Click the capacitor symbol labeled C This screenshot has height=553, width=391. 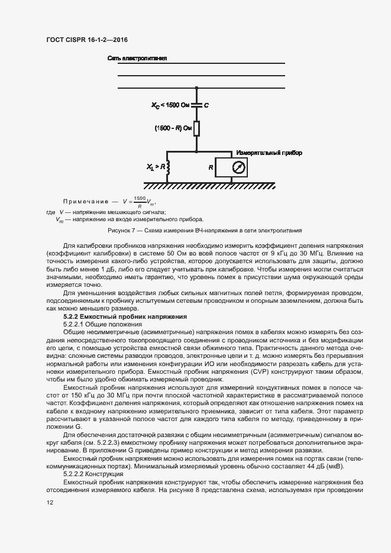coord(197,105)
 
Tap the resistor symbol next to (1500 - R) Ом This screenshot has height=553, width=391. coord(197,128)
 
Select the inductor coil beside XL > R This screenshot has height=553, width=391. coord(168,169)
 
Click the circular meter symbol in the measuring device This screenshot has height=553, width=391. coord(238,168)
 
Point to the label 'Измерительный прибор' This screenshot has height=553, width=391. coord(269,153)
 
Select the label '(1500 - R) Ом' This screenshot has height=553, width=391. coord(173,128)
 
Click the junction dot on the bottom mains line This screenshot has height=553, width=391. coord(197,89)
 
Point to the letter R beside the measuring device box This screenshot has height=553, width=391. coord(211,168)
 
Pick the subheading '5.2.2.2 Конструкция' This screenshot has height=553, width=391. coord(93,474)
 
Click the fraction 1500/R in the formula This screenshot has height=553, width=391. coord(140,201)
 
